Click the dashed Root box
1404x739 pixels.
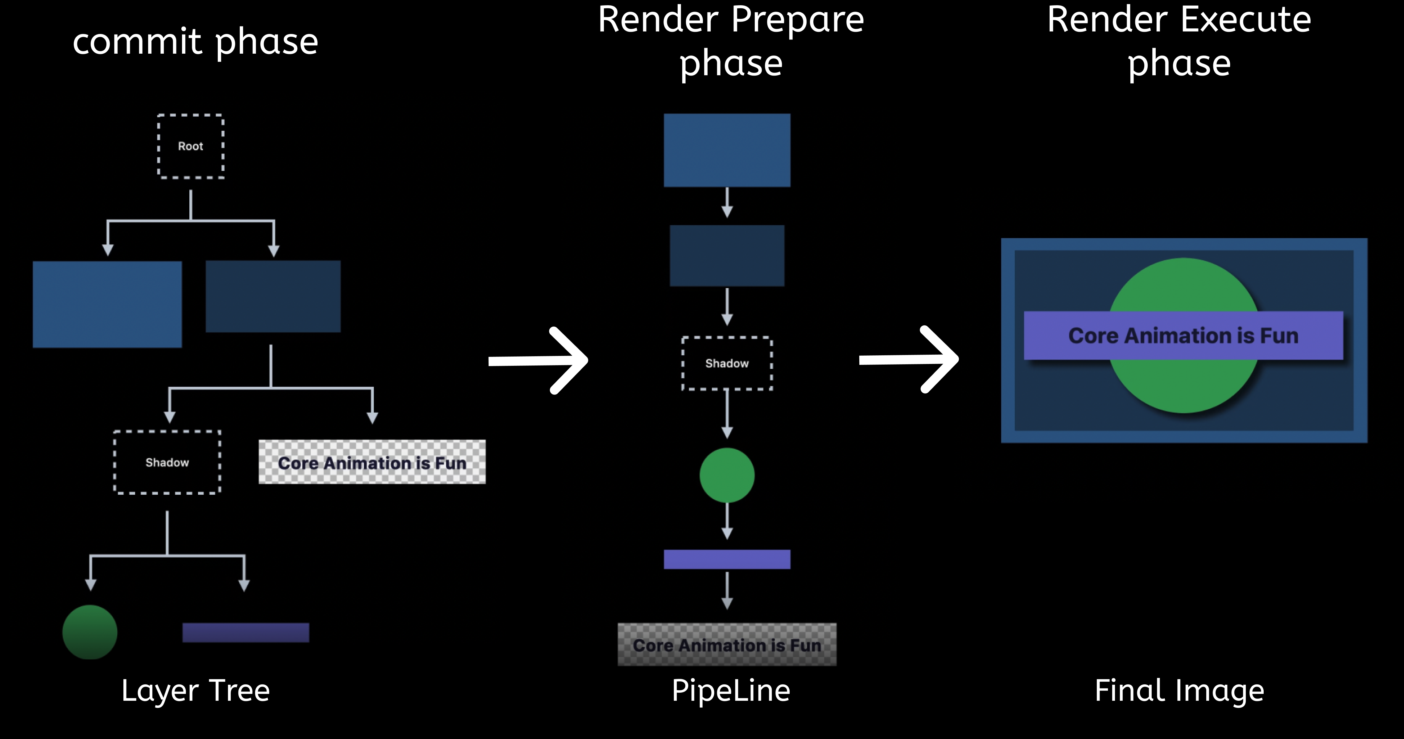191,146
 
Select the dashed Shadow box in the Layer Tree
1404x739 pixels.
167,462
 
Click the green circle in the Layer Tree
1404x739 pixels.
90,632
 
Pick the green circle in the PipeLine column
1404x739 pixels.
727,475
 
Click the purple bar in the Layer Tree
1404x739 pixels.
246,633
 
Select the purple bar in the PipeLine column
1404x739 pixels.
727,559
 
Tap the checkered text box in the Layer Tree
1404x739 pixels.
372,462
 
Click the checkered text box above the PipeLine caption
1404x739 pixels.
727,645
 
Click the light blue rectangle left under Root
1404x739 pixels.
107,304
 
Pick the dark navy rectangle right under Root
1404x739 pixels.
273,296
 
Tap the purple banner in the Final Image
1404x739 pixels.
1183,336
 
